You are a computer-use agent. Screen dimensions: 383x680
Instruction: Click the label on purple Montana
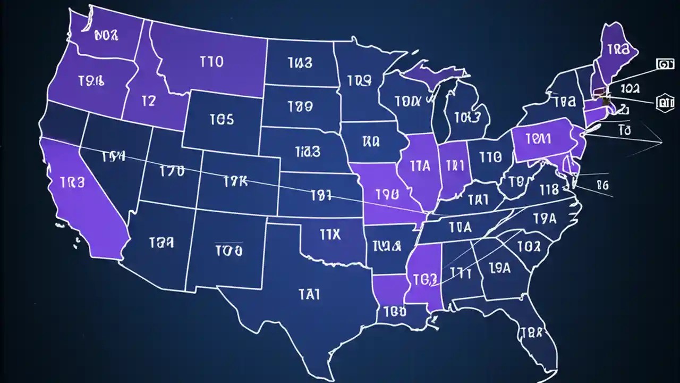tap(211, 62)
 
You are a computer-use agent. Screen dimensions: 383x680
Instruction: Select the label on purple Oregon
tap(91, 81)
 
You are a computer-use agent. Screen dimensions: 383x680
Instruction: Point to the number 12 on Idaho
tap(149, 101)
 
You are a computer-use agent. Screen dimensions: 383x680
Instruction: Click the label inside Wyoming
tap(222, 119)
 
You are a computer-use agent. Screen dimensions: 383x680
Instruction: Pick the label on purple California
tap(72, 183)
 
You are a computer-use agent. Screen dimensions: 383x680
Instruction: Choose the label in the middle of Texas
tap(309, 294)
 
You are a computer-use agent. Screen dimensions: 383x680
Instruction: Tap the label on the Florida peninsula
tap(531, 333)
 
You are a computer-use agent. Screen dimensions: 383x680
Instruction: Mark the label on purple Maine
tap(617, 49)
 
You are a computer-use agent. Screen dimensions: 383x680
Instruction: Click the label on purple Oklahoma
tap(330, 235)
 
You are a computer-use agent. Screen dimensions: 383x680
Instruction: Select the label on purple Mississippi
tap(425, 279)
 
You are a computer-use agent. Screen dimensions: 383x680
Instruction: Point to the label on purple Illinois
tap(420, 165)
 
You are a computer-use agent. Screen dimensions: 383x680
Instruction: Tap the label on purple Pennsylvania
tap(538, 139)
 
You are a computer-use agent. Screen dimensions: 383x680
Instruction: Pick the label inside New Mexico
tap(229, 249)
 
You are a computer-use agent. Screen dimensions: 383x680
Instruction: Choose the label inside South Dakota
tap(300, 107)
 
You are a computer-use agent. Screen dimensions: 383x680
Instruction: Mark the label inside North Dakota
tap(300, 63)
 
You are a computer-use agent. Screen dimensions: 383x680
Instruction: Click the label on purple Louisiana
tap(395, 311)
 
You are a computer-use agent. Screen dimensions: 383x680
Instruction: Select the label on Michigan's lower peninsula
tap(467, 117)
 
